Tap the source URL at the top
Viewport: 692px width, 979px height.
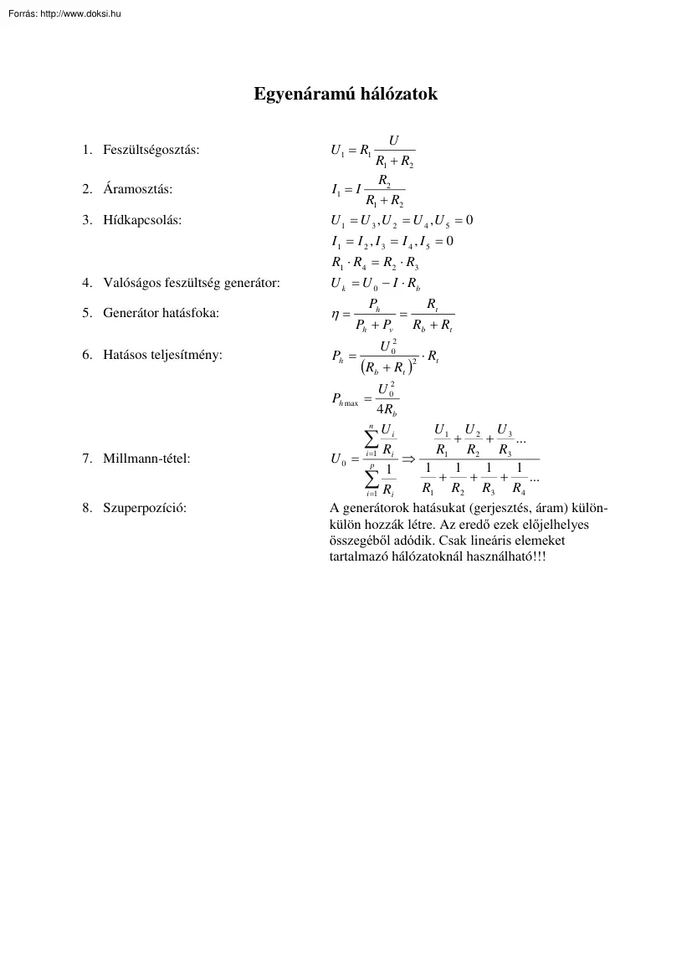click(x=63, y=13)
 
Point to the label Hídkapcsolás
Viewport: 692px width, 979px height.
click(x=141, y=220)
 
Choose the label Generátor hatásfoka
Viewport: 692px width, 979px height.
click(x=161, y=314)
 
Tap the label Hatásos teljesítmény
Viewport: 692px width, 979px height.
click(x=162, y=355)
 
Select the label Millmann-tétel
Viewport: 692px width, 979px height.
click(x=146, y=458)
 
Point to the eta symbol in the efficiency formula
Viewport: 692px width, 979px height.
click(x=336, y=316)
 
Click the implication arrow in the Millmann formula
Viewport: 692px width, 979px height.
click(x=409, y=459)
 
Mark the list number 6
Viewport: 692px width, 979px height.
click(x=86, y=355)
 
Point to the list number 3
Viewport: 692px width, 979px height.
click(x=86, y=220)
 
